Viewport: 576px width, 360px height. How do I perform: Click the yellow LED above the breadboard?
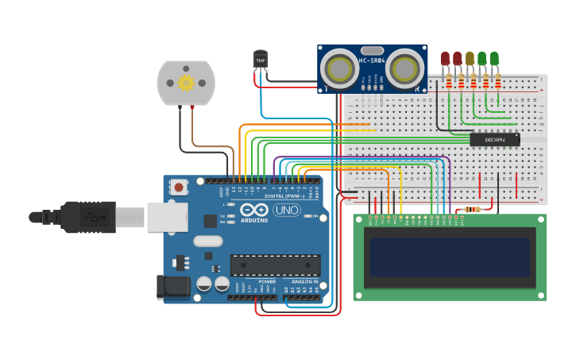pos(470,57)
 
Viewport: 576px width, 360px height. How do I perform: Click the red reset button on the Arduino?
pos(180,188)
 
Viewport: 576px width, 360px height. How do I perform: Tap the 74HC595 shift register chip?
pos(494,139)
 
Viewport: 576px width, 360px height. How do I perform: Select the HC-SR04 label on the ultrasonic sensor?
pos(372,61)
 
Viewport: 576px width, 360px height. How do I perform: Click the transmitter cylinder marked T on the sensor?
pos(342,68)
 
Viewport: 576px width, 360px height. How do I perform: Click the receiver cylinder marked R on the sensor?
pos(404,68)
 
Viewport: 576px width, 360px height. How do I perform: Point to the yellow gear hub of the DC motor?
pos(186,82)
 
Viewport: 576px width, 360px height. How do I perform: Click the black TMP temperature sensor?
pos(261,59)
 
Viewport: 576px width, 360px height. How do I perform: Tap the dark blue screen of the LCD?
pos(450,257)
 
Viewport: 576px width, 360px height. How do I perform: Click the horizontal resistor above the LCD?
pos(475,210)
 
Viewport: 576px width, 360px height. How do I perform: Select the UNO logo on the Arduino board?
pos(286,210)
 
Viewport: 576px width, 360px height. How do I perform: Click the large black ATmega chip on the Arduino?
pos(275,265)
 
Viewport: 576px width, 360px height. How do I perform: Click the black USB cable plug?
pos(87,216)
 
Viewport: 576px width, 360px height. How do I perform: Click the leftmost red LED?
pos(445,57)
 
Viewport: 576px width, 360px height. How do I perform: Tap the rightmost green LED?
pos(494,57)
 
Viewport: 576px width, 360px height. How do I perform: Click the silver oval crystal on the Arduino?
pos(207,241)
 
